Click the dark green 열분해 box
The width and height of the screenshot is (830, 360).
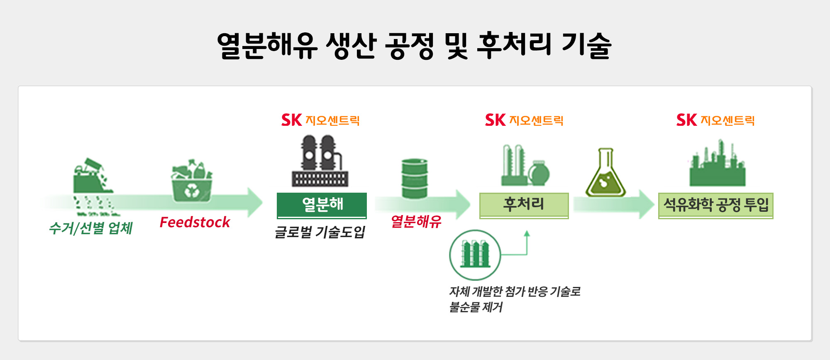click(x=322, y=205)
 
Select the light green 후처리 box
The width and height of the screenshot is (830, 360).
click(x=524, y=205)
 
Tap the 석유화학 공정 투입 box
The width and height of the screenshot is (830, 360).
click(x=715, y=205)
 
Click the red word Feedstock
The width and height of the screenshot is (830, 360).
click(x=195, y=223)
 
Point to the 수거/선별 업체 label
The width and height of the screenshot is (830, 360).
click(x=91, y=228)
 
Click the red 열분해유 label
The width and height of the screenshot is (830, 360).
click(x=416, y=222)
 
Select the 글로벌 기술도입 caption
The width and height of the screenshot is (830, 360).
click(x=320, y=232)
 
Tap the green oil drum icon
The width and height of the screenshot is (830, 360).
click(x=415, y=179)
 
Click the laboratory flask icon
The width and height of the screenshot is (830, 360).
click(x=605, y=174)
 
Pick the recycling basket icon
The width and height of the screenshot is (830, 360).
click(x=192, y=181)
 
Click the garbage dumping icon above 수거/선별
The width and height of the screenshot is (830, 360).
click(x=93, y=176)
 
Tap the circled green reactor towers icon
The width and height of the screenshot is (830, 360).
click(x=475, y=255)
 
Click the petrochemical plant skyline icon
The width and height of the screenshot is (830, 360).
click(x=717, y=164)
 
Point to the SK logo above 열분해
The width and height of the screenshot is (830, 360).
click(x=291, y=120)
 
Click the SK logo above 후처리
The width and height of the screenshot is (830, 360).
click(x=495, y=120)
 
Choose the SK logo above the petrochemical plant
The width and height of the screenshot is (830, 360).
click(x=686, y=120)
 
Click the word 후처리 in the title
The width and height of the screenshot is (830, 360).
click(x=515, y=45)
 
